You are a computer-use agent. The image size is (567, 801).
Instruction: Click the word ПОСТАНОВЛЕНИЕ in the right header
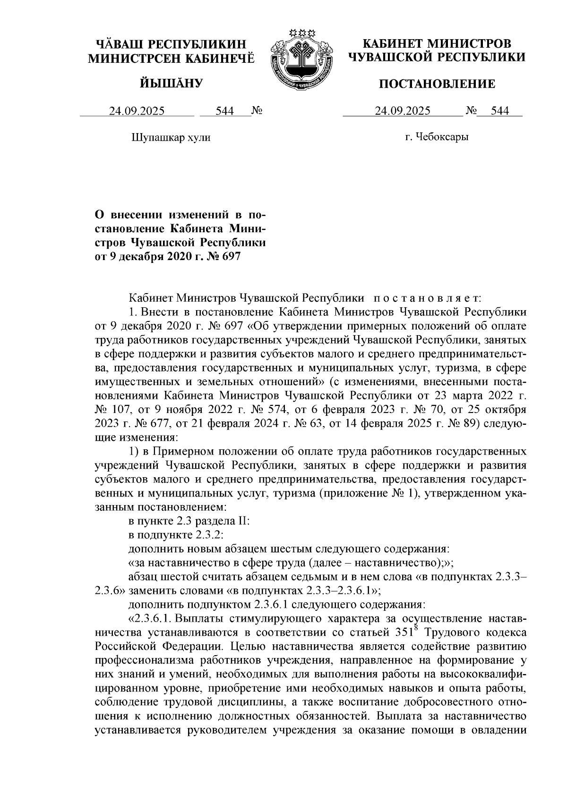438,84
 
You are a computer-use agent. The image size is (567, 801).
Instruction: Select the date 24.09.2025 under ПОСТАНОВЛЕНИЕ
403,111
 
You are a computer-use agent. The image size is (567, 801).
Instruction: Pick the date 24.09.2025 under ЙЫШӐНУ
137,111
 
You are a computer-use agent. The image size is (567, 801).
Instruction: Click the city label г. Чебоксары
437,137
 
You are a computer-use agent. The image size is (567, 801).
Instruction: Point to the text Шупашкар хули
170,137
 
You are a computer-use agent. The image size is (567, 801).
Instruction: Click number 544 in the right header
500,111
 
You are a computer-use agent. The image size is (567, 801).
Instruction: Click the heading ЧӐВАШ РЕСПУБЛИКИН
171,44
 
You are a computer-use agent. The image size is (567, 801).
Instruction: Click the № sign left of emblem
257,111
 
